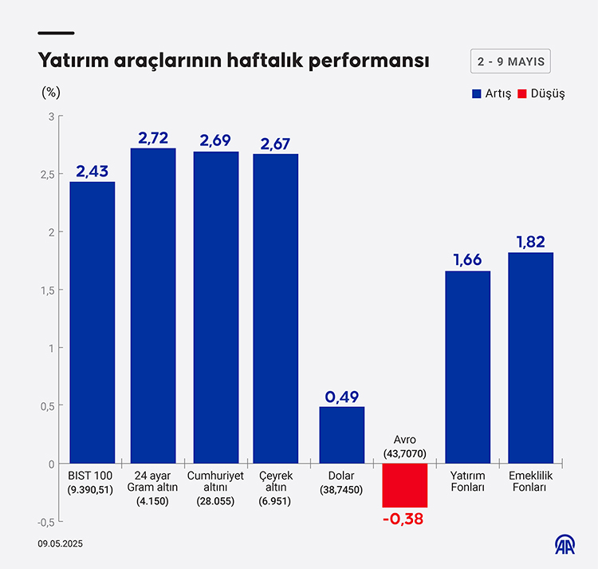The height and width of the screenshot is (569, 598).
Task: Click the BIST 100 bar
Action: coord(92,322)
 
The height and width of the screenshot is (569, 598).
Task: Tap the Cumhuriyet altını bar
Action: coord(215,307)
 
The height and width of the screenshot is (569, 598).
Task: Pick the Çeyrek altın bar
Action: coord(276,308)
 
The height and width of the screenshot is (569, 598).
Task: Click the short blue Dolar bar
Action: coord(342,435)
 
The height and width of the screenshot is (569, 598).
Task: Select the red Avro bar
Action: coord(405,485)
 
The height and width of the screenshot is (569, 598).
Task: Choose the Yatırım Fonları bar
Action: coord(468,367)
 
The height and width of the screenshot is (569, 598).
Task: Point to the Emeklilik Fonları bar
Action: coord(530,358)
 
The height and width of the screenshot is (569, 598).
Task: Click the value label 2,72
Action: coord(153,138)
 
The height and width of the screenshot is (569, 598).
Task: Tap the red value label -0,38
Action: coord(405,519)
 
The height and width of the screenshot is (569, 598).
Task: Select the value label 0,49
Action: coord(342,397)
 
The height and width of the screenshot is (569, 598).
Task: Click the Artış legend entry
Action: coord(491,93)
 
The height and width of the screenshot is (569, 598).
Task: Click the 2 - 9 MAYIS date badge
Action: coord(511,61)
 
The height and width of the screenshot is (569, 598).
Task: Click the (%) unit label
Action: coord(51,91)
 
